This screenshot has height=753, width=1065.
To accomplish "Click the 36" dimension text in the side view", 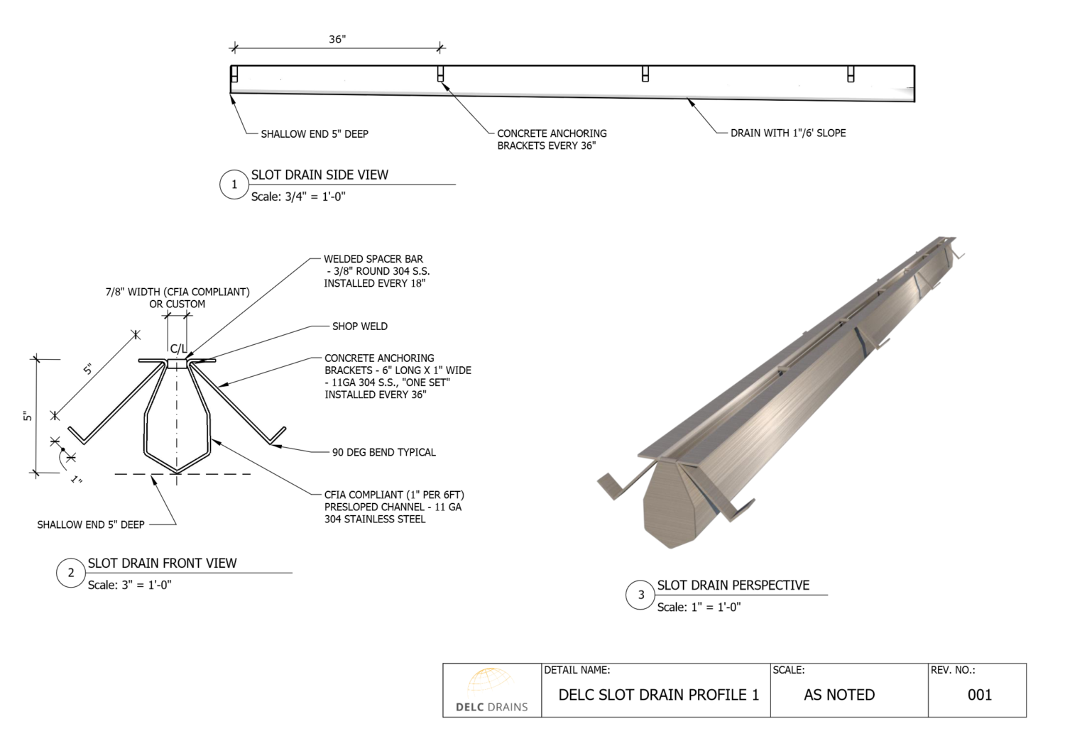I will pyautogui.click(x=337, y=39).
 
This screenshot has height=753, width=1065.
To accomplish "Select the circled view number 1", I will pyautogui.click(x=234, y=185).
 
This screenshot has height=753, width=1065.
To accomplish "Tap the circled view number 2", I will pyautogui.click(x=70, y=573).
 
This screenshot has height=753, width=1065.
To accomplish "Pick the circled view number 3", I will pyautogui.click(x=640, y=595).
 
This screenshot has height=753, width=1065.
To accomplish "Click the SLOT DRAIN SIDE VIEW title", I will pyautogui.click(x=319, y=175).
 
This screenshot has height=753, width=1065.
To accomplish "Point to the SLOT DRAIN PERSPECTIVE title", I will pyautogui.click(x=733, y=585).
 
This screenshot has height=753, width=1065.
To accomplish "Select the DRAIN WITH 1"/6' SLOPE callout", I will pyautogui.click(x=788, y=133).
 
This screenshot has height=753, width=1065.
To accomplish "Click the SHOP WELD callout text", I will pyautogui.click(x=359, y=326).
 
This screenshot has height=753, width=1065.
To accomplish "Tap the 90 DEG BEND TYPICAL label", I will pyautogui.click(x=383, y=452).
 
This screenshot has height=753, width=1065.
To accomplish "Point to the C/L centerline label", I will pyautogui.click(x=178, y=348).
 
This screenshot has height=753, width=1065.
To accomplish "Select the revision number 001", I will pyautogui.click(x=979, y=695).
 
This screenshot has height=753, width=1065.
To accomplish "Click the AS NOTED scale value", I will pyautogui.click(x=839, y=695).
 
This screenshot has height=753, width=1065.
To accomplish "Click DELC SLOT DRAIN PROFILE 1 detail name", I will pyautogui.click(x=658, y=695).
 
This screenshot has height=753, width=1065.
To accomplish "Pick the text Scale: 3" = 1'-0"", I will pyautogui.click(x=129, y=585).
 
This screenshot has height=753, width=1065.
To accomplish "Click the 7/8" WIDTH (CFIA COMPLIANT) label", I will pyautogui.click(x=177, y=292).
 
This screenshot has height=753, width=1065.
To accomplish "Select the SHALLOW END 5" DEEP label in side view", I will pyautogui.click(x=314, y=133).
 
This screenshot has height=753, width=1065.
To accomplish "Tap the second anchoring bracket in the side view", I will pyautogui.click(x=440, y=73).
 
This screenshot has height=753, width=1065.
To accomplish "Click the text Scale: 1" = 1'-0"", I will pyautogui.click(x=698, y=607).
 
